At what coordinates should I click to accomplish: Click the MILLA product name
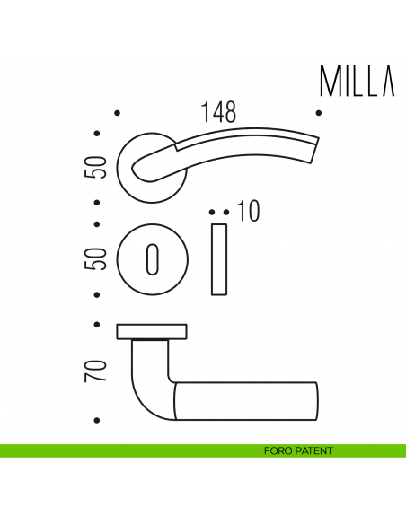(357, 82)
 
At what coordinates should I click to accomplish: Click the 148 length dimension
(218, 112)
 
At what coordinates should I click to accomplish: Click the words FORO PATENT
(299, 450)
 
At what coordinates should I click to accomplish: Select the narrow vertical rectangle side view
(219, 260)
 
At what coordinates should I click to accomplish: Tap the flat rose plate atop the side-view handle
(152, 331)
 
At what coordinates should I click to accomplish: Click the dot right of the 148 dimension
(319, 113)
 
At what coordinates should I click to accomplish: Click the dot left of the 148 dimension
(119, 113)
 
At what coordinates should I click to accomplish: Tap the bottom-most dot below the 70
(97, 421)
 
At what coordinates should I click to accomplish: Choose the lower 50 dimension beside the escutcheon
(98, 259)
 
